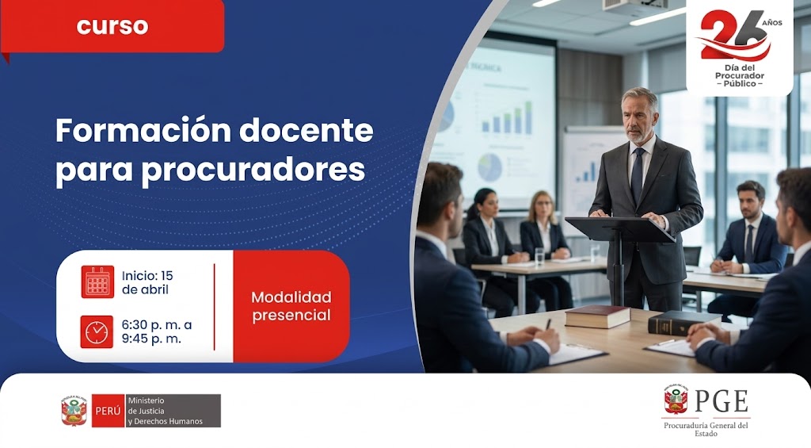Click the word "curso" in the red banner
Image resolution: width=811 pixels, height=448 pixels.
point(112,25)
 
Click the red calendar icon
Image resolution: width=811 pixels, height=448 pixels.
point(97,281)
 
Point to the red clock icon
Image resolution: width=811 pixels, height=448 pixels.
point(97,331)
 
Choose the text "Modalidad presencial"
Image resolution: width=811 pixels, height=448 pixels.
point(291,306)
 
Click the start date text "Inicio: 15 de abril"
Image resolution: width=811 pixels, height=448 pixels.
point(147,282)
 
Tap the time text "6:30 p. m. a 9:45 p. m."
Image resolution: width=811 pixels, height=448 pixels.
point(156,331)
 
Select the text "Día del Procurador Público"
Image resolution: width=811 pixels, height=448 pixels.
point(740,75)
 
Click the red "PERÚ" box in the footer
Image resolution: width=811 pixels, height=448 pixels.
point(107,411)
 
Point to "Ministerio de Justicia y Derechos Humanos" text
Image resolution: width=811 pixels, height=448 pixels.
point(165,411)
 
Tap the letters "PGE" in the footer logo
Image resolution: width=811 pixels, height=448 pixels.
point(722,401)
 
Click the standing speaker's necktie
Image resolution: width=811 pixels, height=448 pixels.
point(638,175)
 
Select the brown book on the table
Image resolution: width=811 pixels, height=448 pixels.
point(597,316)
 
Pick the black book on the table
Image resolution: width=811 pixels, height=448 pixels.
point(683,321)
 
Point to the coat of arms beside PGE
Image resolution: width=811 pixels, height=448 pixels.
point(676,400)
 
